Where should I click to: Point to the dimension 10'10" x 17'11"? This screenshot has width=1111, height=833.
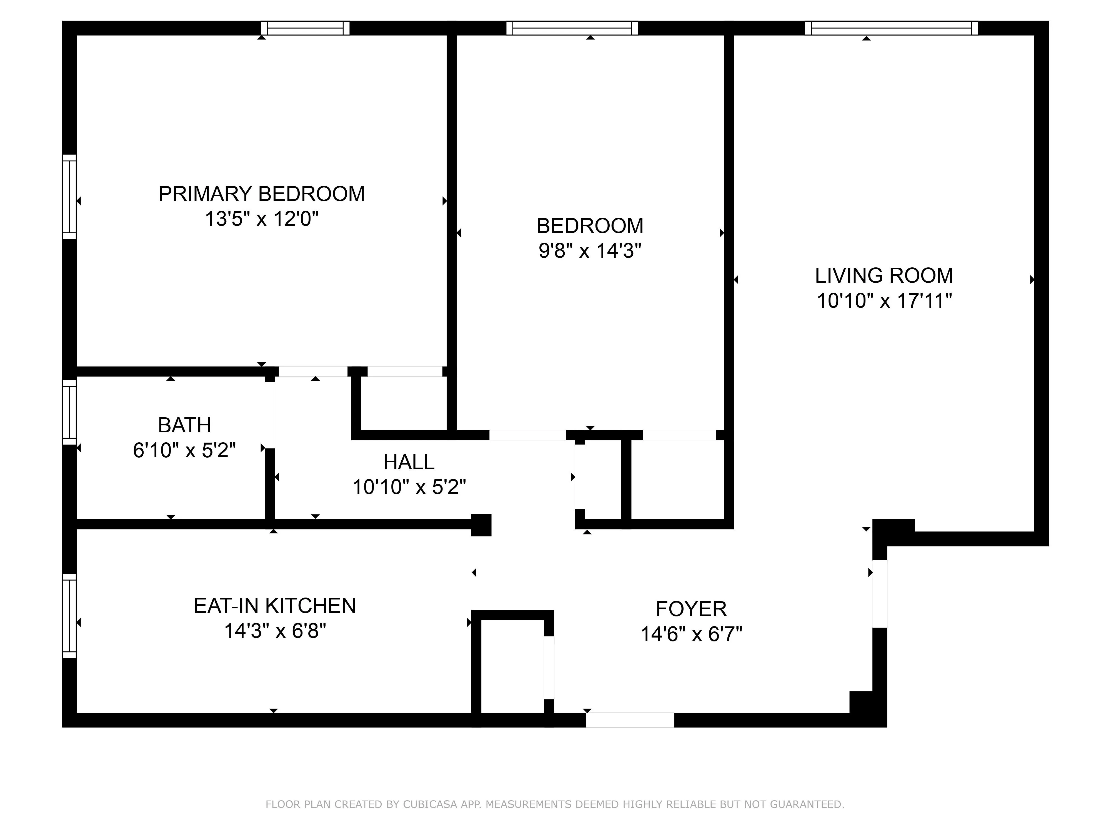click(x=884, y=301)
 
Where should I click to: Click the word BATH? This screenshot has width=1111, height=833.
click(x=184, y=425)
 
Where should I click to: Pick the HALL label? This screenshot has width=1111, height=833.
click(x=409, y=462)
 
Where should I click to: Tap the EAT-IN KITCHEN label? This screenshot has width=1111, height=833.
click(x=275, y=606)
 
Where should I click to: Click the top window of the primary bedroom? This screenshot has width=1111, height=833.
click(x=305, y=28)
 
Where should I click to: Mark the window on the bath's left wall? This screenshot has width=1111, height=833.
click(x=69, y=412)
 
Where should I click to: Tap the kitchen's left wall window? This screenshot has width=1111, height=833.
click(x=69, y=616)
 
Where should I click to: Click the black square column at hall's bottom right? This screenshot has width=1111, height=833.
click(x=481, y=525)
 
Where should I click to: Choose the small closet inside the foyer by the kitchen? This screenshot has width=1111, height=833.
click(x=512, y=665)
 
